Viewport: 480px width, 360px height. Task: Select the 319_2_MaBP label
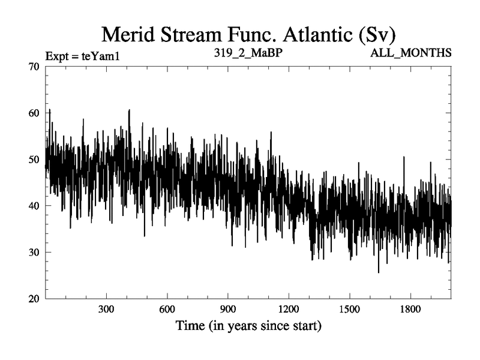[x=248, y=53]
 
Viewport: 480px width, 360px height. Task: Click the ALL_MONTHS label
[x=412, y=53]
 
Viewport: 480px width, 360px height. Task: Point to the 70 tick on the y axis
[x=34, y=67]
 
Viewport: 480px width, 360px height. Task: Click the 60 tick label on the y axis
[x=34, y=113]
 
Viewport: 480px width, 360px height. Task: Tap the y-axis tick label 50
[x=34, y=160]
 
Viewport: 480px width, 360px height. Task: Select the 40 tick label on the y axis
[x=34, y=206]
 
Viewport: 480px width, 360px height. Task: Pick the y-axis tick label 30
[x=34, y=252]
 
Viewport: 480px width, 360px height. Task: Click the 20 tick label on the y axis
[x=34, y=299]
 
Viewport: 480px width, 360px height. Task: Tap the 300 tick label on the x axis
[x=106, y=311]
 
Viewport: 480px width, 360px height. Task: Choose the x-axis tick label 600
[x=167, y=311]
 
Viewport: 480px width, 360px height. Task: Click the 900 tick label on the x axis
[x=228, y=311]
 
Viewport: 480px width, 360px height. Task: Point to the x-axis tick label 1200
[x=289, y=311]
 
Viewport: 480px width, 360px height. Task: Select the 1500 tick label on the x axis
[x=349, y=311]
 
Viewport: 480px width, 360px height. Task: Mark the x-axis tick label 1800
[x=410, y=311]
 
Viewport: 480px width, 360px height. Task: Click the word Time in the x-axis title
[x=189, y=327]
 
